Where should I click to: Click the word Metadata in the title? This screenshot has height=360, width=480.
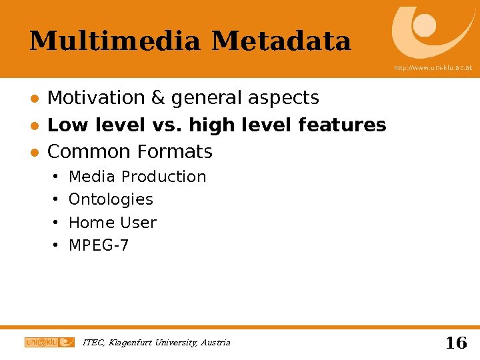[x=281, y=41]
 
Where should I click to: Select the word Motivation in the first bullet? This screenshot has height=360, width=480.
[x=97, y=98]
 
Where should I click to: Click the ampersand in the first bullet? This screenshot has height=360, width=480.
[x=158, y=98]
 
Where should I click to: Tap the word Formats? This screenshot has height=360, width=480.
[x=175, y=152]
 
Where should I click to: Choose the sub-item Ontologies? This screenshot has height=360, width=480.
[x=111, y=199]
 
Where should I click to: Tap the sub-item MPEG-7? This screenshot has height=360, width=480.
[x=99, y=245]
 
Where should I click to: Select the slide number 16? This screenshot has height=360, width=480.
[x=455, y=343]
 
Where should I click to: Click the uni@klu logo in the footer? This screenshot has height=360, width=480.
[x=49, y=342]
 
